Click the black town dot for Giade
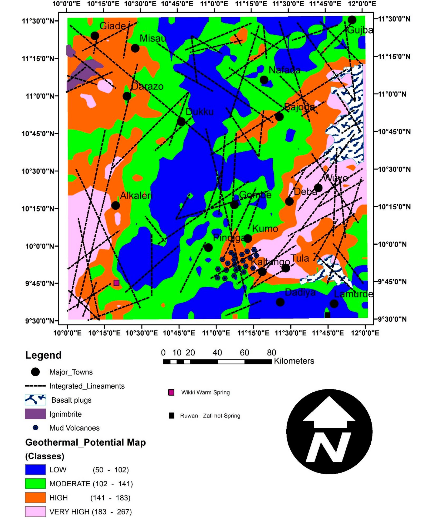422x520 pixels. [95, 36]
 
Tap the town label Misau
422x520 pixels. [153, 38]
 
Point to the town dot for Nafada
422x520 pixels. [264, 80]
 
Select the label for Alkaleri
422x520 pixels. [136, 196]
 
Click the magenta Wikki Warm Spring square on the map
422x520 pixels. [116, 283]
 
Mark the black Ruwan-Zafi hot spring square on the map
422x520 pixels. [327, 315]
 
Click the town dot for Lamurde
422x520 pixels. [334, 304]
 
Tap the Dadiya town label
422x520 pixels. [300, 292]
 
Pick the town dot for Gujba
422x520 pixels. [352, 20]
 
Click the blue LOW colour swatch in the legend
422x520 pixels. [36, 470]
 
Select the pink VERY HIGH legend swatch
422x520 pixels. [36, 512]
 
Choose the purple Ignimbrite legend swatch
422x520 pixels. [36, 414]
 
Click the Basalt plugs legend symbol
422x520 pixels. [36, 400]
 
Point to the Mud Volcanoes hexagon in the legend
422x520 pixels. [36, 428]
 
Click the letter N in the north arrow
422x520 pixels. [329, 447]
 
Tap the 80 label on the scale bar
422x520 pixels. [271, 353]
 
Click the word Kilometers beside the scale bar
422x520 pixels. [294, 361]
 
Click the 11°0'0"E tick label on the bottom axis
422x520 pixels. [216, 333]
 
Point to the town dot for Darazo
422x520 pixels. [127, 96]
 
